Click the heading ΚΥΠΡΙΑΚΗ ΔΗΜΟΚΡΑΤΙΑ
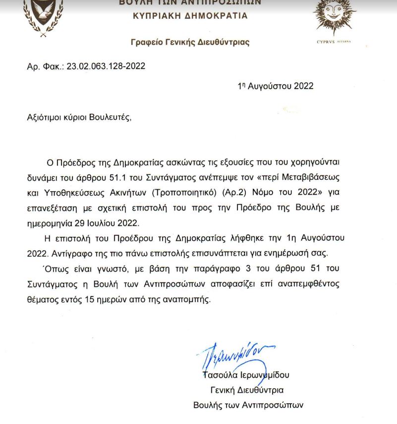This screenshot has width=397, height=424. pos(190,15)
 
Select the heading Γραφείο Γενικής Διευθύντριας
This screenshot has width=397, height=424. pos(190,43)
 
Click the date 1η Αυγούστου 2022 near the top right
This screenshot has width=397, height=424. pos(276,86)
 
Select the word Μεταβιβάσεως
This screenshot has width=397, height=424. pos(319,176)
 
